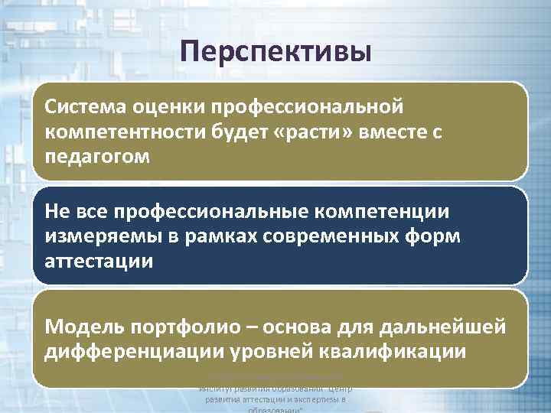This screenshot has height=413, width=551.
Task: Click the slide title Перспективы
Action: point(276,52)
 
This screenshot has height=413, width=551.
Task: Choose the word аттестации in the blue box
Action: point(99,262)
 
